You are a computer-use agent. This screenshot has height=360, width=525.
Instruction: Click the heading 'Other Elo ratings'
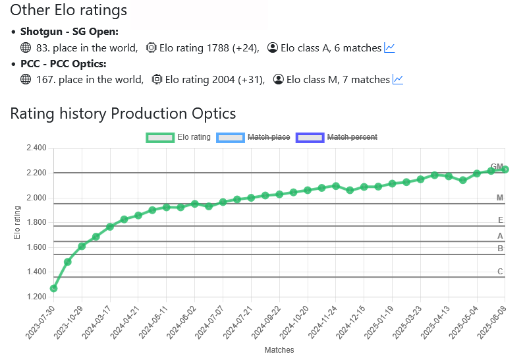coord(69,11)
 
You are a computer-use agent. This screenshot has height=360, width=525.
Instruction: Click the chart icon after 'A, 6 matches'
coord(389,47)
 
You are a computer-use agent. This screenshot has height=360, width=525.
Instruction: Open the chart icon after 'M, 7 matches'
coord(398,79)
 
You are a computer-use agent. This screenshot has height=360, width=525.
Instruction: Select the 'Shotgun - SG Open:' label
coord(69,32)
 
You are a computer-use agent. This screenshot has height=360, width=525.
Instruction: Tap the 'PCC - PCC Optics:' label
coord(63,63)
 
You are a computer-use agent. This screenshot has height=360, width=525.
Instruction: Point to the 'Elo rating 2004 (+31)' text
coord(215,79)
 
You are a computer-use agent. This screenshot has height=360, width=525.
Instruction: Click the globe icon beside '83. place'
coord(26,47)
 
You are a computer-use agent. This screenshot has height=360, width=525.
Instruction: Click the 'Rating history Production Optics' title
coord(123,113)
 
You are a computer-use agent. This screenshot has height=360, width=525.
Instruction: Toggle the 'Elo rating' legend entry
coord(179,137)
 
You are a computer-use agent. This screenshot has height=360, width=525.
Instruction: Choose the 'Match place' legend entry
coord(254,137)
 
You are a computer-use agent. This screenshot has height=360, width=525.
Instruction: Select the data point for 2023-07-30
coord(53,288)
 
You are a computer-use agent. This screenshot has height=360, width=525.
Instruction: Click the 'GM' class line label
coord(497,167)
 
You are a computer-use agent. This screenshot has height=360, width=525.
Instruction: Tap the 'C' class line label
coord(500,272)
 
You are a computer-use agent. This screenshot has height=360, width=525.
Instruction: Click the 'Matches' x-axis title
coord(279,349)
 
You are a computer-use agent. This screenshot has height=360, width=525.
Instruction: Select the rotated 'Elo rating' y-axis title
coord(18,222)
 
